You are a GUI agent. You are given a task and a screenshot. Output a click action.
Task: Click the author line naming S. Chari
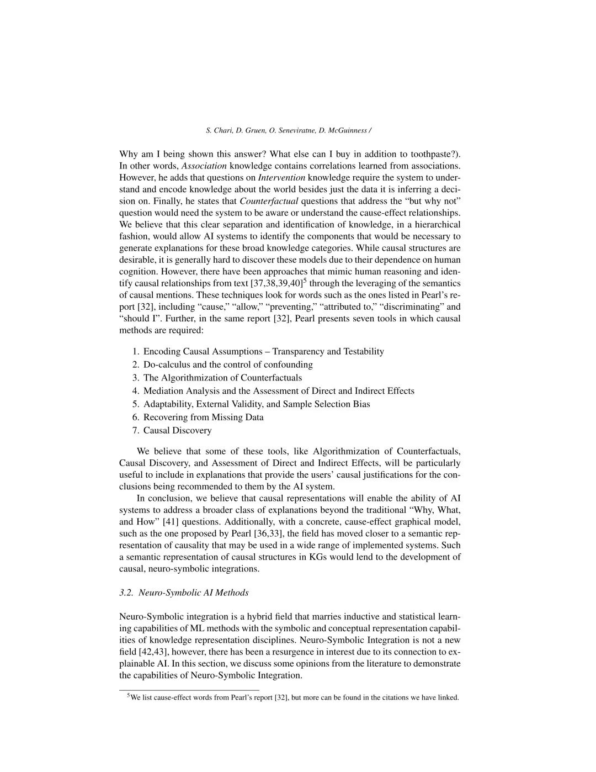click(x=288, y=130)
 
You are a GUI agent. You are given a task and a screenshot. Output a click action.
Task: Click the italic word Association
click(x=204, y=166)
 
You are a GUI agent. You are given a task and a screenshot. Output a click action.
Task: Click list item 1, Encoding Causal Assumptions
click(x=263, y=351)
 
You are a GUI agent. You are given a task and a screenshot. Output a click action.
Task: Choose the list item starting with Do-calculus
click(x=228, y=364)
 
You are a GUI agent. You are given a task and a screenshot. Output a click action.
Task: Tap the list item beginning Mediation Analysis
click(x=279, y=391)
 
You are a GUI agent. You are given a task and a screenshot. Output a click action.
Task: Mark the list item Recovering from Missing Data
click(x=203, y=417)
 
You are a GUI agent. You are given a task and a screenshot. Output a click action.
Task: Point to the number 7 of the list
click(x=135, y=431)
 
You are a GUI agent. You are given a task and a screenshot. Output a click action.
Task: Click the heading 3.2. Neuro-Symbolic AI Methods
click(x=184, y=593)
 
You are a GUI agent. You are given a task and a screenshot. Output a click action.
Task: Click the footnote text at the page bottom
click(x=294, y=697)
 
